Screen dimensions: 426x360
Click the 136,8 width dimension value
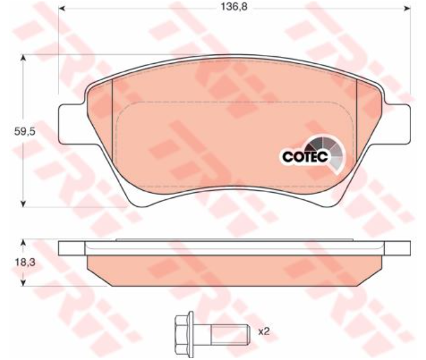[234, 7]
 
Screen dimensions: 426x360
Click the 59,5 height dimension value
[25, 132]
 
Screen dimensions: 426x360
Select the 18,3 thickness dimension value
[25, 262]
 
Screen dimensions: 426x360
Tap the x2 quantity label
[263, 331]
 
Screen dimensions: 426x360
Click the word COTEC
[305, 157]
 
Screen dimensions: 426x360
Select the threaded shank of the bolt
[230, 335]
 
